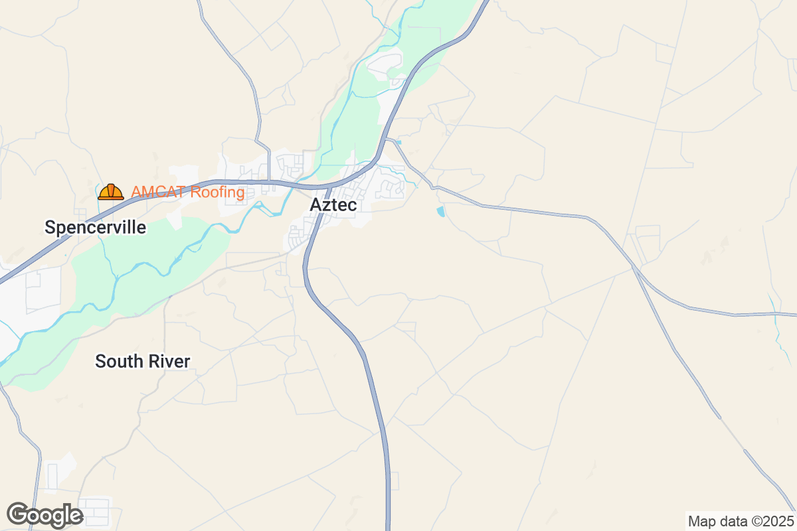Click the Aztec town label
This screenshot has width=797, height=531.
pyautogui.click(x=333, y=205)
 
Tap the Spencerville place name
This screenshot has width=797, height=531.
pyautogui.click(x=95, y=228)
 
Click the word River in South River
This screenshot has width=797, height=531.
pyautogui.click(x=169, y=362)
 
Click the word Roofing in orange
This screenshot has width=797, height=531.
pyautogui.click(x=217, y=192)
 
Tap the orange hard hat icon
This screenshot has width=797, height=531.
pyautogui.click(x=110, y=192)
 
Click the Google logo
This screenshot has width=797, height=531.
pyautogui.click(x=44, y=515)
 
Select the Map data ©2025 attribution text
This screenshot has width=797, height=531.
pyautogui.click(x=740, y=520)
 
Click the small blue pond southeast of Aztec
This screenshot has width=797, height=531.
pyautogui.click(x=440, y=212)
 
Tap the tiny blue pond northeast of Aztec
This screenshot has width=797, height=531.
pyautogui.click(x=398, y=141)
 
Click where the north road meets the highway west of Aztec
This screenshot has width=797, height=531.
pyautogui.click(x=269, y=180)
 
